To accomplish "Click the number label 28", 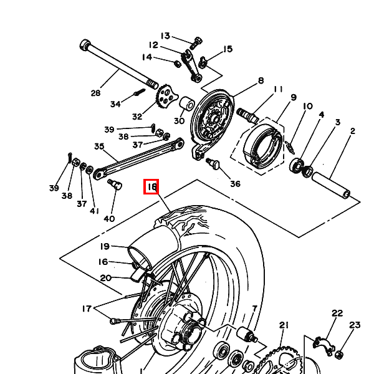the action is (95, 93).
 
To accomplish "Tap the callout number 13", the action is (165, 36).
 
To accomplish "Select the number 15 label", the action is (228, 49).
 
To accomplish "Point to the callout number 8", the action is (261, 80).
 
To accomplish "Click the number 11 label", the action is (278, 89).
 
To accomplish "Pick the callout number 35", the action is (99, 146).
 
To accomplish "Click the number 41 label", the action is (95, 211).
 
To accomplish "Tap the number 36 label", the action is (235, 184).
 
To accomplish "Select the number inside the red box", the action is (152, 186).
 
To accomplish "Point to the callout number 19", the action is (105, 246).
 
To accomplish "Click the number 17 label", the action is (87, 309).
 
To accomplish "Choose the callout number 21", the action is (284, 325).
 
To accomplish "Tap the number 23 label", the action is (355, 325).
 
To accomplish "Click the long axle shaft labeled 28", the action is (119, 64).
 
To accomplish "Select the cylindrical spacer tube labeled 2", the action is (332, 185).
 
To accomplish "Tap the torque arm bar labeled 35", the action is (138, 158).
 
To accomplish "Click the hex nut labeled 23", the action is (338, 355).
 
